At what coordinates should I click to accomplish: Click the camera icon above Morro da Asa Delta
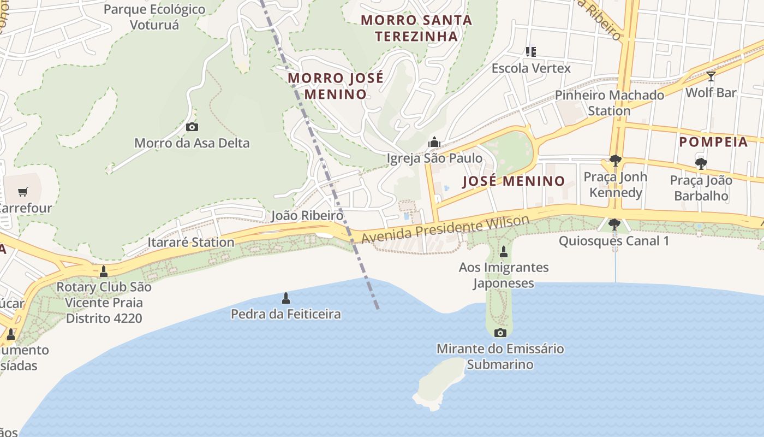192,127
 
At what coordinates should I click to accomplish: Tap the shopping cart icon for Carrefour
22,192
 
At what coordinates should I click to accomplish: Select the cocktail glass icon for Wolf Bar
711,76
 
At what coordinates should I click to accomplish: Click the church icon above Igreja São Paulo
434,143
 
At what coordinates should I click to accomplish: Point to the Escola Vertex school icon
530,52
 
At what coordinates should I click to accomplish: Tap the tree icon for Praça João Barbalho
701,163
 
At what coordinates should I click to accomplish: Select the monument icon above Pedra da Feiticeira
285,298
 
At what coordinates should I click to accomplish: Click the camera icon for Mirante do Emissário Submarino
500,333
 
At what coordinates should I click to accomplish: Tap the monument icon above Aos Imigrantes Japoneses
503,252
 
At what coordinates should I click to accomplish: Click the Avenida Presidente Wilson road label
445,230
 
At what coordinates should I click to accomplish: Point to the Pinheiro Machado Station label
609,103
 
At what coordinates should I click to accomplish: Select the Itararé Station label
191,242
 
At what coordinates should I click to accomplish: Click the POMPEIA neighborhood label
713,142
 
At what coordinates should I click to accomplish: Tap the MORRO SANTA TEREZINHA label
416,28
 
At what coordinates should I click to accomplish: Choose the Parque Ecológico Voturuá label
154,17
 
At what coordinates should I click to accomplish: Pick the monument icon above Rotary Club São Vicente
104,271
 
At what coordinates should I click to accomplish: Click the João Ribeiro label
308,216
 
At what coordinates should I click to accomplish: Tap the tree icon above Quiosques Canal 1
614,224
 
